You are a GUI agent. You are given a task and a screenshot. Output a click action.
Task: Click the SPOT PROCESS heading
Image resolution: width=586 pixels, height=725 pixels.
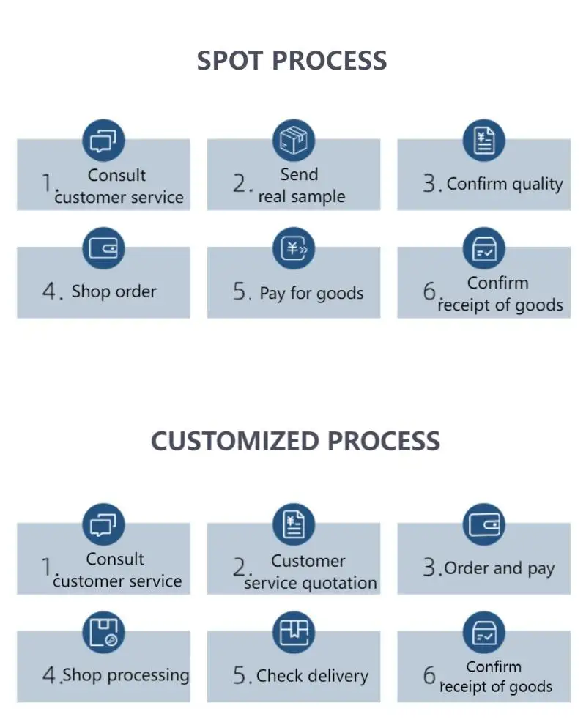tap(292, 60)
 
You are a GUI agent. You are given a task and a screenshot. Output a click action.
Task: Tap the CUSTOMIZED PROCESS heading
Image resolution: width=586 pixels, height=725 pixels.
tap(295, 441)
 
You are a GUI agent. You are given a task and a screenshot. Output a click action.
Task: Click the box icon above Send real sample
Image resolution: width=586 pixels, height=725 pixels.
tap(293, 140)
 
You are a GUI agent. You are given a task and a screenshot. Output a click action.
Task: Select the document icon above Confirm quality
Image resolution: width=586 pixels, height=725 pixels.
tap(483, 140)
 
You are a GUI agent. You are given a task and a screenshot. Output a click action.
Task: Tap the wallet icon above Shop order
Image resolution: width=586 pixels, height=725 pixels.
tap(103, 248)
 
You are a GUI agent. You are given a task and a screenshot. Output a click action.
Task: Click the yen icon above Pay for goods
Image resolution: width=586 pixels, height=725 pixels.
tap(293, 248)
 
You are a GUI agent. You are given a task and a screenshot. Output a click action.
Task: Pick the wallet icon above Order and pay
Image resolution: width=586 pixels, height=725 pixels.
tap(483, 524)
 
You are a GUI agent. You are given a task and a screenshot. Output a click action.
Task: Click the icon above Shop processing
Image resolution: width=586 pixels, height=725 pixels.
tap(103, 631)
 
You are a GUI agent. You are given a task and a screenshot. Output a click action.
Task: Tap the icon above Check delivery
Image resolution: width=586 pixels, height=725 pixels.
tap(293, 631)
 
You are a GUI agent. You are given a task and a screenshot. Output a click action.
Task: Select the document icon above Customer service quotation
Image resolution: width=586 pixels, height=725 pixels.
tap(293, 524)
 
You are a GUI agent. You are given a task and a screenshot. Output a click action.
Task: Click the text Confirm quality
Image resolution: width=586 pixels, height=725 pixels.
tap(505, 184)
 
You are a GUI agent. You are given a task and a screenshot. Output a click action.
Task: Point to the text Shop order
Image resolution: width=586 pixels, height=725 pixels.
tap(114, 291)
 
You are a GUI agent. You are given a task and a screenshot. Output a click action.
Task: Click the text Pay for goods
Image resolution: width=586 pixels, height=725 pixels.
tap(311, 294)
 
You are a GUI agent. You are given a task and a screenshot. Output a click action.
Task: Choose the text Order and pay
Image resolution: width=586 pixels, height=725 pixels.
tap(500, 568)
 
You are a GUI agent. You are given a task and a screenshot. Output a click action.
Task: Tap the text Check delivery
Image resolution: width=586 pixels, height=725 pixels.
tap(312, 676)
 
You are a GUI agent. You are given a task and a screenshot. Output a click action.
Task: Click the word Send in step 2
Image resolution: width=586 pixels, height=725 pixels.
tap(299, 175)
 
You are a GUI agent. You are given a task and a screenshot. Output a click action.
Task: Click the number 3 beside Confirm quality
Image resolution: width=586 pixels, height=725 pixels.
tap(430, 184)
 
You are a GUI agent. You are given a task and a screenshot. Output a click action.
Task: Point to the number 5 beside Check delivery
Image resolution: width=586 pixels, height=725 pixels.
tap(241, 676)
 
